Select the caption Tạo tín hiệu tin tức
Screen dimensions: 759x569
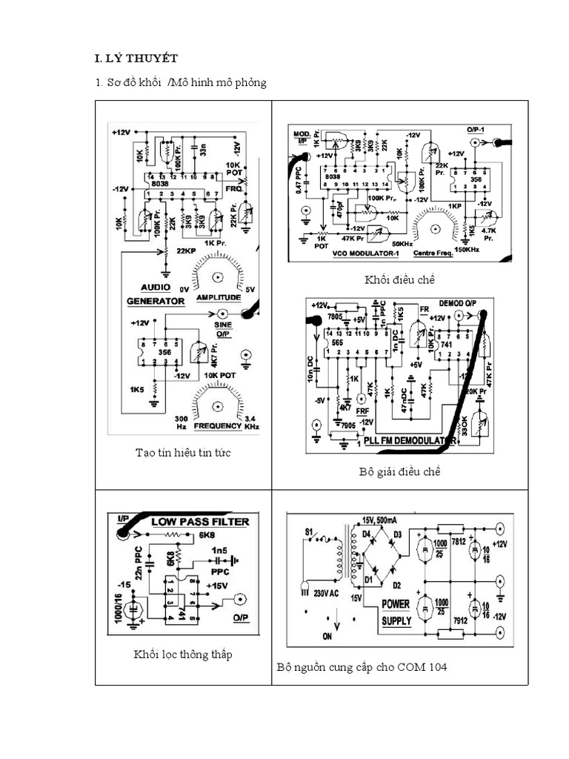point(183,453)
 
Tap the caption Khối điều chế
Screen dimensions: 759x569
point(399,280)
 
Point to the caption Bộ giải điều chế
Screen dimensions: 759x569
point(399,472)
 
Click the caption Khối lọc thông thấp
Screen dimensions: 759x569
point(182,654)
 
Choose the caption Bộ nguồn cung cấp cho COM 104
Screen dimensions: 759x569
point(362,667)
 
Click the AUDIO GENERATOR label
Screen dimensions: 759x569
point(156,294)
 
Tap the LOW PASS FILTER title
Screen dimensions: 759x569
point(200,522)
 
